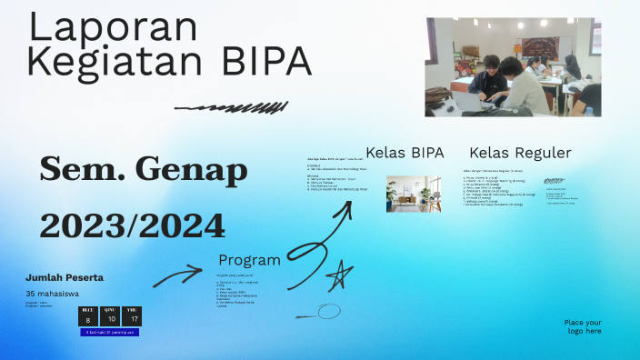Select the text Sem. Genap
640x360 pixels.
coord(144,168)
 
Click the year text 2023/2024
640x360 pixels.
coord(133,225)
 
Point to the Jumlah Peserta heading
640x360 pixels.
coord(65,277)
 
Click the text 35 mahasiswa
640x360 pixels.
coord(52,294)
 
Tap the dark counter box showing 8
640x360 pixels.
coord(88,316)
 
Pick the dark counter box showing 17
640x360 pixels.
coord(134,316)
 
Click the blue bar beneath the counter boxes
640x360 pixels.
coord(110,333)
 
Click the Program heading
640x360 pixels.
coord(249,260)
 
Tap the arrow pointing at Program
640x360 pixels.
coord(177,275)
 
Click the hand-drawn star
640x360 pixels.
coord(339,274)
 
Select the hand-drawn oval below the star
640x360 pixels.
coord(327,312)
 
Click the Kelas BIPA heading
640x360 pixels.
coord(405,153)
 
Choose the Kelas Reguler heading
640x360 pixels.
coord(520,153)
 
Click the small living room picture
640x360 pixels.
coord(414,194)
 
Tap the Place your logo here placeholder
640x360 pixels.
coord(582,326)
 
